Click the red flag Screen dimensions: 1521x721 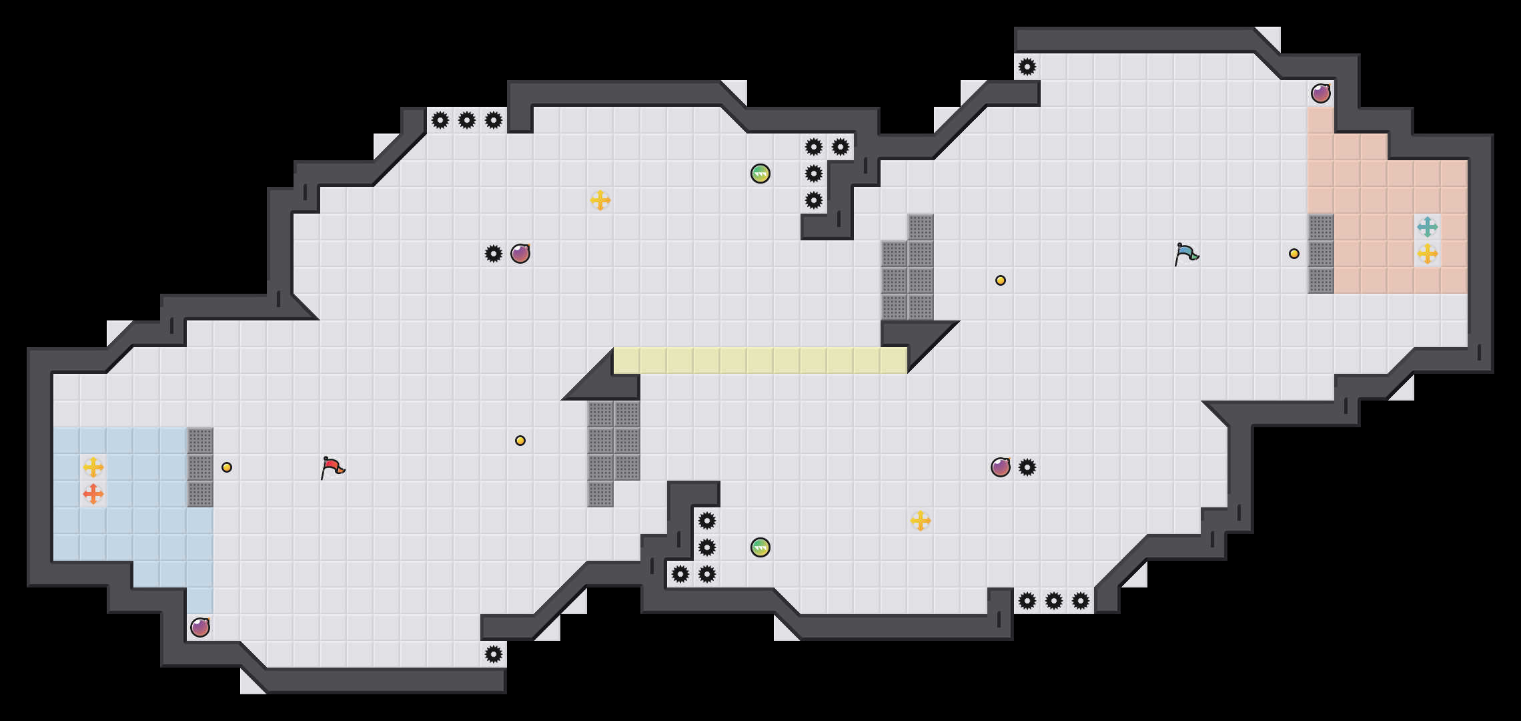332,467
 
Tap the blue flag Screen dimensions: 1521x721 1186,254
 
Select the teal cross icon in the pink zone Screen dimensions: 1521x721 1427,227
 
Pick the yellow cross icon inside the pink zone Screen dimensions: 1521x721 1427,254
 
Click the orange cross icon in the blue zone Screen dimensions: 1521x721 93,494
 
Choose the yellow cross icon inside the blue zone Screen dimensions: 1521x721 93,467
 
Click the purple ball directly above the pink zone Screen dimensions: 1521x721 1320,93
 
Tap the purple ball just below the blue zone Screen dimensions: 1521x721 199,628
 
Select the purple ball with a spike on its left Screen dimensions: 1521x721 520,254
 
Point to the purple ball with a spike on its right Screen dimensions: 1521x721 1000,467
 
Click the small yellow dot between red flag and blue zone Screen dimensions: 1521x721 227,467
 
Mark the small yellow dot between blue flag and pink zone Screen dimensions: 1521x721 1294,254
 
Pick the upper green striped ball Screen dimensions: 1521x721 760,174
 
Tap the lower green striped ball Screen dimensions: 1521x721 760,547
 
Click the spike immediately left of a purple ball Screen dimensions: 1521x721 493,254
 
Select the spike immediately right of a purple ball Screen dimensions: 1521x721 1027,467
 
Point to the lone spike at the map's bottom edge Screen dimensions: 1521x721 493,654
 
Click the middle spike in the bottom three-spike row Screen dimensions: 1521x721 1053,601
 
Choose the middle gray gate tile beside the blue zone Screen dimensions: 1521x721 199,467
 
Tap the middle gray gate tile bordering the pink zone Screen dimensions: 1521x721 1320,254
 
